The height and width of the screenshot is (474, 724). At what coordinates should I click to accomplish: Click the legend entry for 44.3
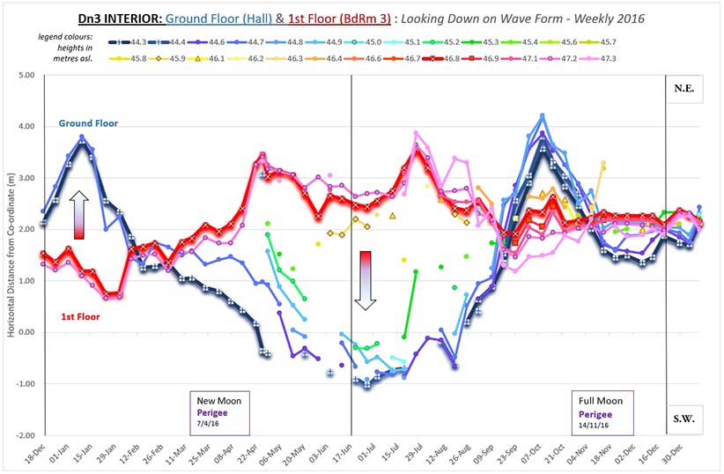pos(129,41)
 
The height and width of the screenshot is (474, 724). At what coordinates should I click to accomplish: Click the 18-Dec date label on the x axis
pos(32,454)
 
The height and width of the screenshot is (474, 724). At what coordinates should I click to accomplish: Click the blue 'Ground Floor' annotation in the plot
pos(88,123)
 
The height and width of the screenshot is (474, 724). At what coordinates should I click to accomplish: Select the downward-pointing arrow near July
pos(366,280)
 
